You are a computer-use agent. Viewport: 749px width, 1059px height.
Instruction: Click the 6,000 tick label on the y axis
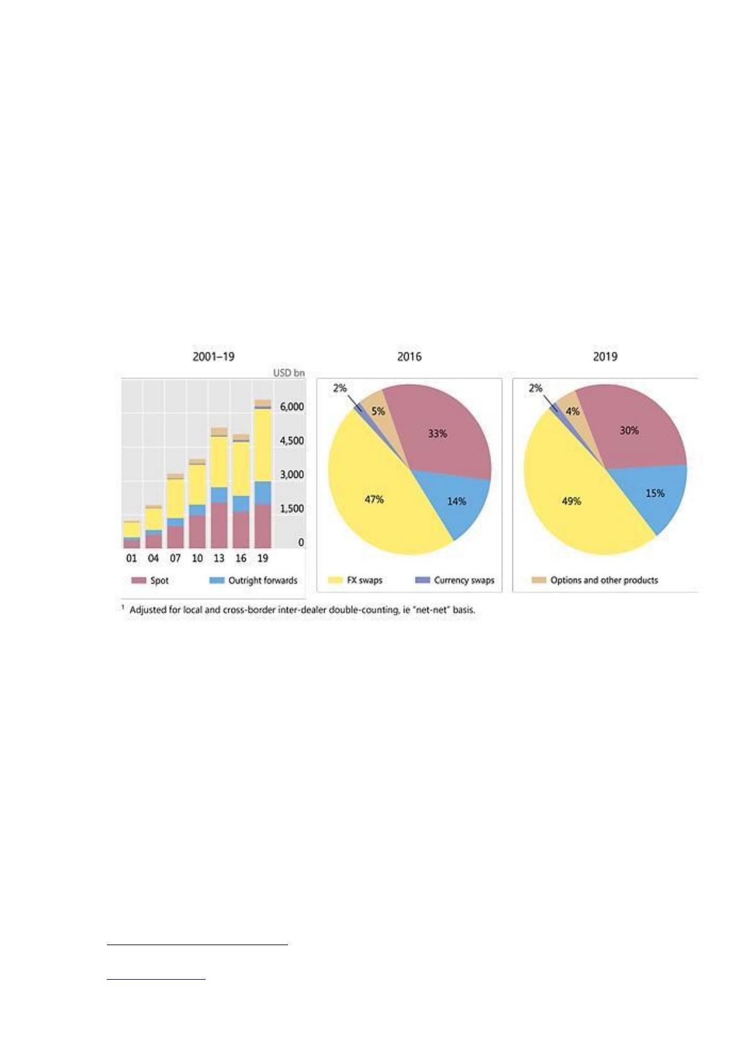click(292, 407)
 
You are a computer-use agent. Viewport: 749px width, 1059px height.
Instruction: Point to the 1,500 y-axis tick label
click(292, 509)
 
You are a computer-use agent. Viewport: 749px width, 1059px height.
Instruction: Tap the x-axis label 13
click(218, 558)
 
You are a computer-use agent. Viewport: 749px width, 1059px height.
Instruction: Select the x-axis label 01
click(131, 558)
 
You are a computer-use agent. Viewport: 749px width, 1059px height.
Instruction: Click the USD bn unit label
click(289, 373)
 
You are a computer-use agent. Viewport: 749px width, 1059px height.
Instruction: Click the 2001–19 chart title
click(213, 357)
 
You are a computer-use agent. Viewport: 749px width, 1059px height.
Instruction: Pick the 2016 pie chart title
click(409, 357)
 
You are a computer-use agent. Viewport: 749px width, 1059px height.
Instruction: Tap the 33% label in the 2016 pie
click(438, 433)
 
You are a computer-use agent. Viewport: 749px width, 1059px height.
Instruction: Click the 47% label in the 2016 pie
click(374, 499)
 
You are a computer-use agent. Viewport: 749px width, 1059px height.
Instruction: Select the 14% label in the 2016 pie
click(457, 501)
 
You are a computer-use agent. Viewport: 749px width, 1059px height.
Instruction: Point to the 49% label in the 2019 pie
click(571, 501)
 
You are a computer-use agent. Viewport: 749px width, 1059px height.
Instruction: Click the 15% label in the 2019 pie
click(655, 493)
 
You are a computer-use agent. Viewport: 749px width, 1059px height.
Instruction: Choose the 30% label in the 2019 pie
click(630, 430)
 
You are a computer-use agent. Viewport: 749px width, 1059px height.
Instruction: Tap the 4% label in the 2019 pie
click(573, 411)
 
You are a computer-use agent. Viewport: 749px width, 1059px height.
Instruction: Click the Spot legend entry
click(150, 580)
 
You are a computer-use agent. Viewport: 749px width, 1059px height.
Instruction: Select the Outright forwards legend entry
click(253, 580)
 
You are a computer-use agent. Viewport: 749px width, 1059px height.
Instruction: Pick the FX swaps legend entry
click(355, 580)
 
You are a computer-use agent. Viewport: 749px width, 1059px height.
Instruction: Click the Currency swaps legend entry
click(455, 580)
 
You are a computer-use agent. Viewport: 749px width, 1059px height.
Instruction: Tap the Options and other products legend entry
click(595, 580)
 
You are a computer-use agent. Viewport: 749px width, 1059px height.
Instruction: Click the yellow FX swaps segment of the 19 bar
click(262, 445)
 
